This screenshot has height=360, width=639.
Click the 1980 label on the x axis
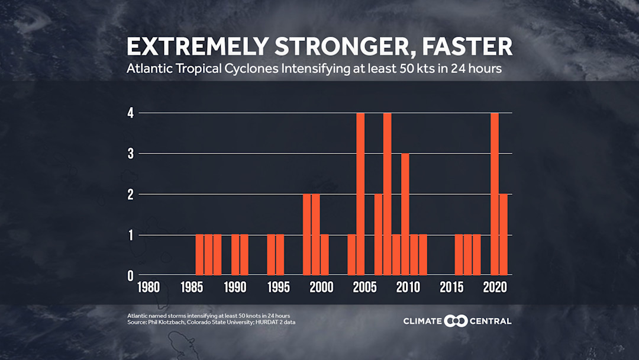148,288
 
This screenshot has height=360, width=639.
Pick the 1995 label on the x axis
279,288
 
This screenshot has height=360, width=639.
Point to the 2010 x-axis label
408,288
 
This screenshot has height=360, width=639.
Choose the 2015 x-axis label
451,288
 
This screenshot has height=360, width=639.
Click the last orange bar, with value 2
504,234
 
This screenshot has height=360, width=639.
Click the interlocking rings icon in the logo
456,321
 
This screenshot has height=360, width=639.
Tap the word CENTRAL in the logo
490,321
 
